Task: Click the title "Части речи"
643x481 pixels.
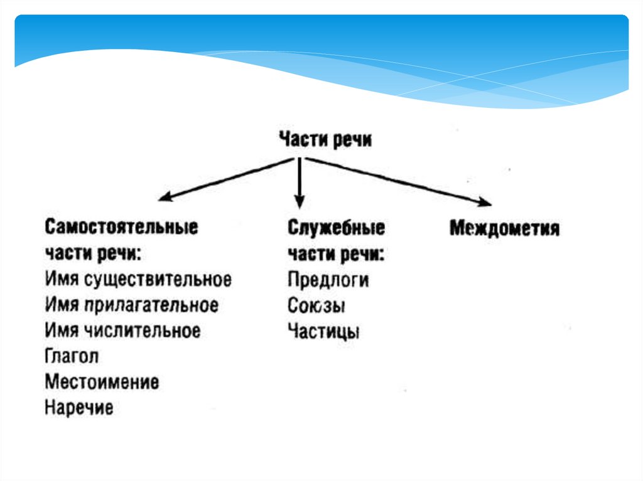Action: pyautogui.click(x=325, y=139)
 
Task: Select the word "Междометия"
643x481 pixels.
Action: pyautogui.click(x=504, y=228)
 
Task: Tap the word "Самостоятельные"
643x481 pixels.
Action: pyautogui.click(x=121, y=227)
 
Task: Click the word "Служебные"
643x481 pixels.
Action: pyautogui.click(x=336, y=228)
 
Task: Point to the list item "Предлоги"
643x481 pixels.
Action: pyautogui.click(x=328, y=280)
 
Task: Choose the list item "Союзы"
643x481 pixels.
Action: pyautogui.click(x=317, y=306)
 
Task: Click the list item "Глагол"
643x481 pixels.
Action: pyautogui.click(x=72, y=356)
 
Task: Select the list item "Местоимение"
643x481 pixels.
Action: pyautogui.click(x=102, y=382)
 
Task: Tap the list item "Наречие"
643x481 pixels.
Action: pyautogui.click(x=79, y=408)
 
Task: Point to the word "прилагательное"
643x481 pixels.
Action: pyautogui.click(x=151, y=305)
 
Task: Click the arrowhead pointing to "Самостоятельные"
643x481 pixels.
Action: pyautogui.click(x=165, y=198)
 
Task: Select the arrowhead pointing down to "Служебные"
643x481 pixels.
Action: pyautogui.click(x=300, y=202)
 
